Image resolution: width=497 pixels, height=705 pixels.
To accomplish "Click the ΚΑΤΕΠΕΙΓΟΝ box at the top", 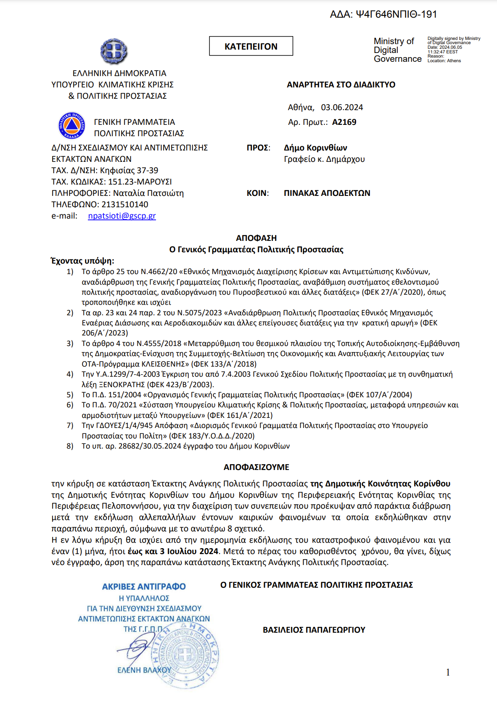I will [x=251, y=46].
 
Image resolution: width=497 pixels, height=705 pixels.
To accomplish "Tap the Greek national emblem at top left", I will [x=114, y=51].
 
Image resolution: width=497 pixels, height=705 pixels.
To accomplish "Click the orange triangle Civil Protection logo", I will [x=72, y=125].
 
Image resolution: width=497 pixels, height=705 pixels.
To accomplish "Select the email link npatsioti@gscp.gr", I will [x=122, y=216].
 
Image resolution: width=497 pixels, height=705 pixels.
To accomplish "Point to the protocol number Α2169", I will [x=344, y=122].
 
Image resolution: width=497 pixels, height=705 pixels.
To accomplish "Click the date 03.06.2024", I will [x=342, y=107].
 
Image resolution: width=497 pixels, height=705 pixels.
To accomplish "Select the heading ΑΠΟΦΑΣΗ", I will [x=256, y=238].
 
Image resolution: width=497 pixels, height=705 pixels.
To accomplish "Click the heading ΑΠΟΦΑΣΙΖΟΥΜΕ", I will [x=256, y=467].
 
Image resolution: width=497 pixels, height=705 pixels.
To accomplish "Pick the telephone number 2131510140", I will [x=125, y=204].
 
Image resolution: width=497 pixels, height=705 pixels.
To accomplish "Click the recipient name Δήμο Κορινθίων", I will [x=315, y=148].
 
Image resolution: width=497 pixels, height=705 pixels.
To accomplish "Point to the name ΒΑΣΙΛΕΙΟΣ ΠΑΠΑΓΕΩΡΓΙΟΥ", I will [x=314, y=630].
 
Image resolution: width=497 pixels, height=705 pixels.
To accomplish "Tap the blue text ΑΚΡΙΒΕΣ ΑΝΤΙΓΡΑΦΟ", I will [x=144, y=586].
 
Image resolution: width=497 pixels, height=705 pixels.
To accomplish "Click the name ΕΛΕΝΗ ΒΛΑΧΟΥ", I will [x=144, y=670].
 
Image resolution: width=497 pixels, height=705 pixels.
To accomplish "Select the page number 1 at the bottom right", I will [x=448, y=672].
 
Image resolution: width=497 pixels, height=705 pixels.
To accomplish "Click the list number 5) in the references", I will [x=70, y=395].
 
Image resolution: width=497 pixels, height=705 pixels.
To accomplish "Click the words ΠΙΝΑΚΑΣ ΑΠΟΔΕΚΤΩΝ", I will [x=327, y=193].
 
